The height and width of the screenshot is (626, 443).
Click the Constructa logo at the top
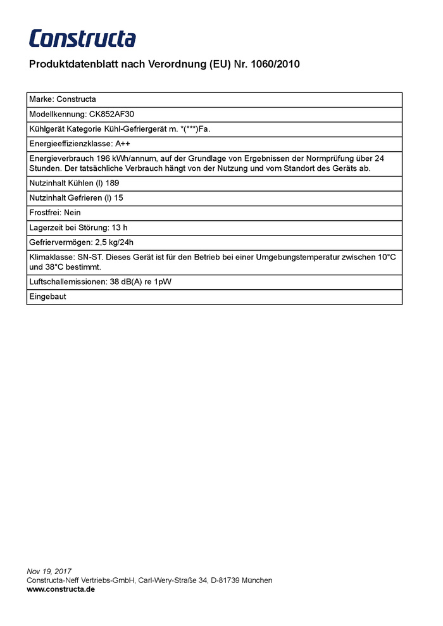coord(82,39)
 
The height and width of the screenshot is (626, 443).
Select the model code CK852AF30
coord(111,115)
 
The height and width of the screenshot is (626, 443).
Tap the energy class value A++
coord(123,144)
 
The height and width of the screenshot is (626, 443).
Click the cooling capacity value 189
coord(113,183)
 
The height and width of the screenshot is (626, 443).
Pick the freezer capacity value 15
coord(118,198)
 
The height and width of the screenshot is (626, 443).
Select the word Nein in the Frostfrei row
coord(72,213)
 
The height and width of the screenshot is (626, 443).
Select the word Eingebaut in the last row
coord(47,296)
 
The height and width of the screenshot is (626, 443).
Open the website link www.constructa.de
coord(61,589)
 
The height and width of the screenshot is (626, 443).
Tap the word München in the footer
coord(258,580)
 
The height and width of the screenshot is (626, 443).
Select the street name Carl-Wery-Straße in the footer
coord(167,580)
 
